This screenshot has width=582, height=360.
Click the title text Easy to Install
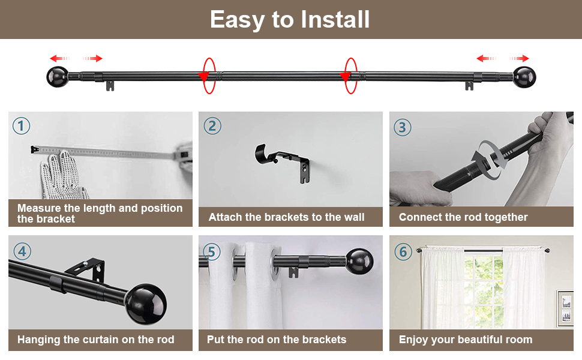pyautogui.click(x=290, y=20)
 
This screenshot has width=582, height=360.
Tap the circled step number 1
pyautogui.click(x=21, y=126)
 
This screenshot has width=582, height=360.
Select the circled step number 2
pyautogui.click(x=212, y=126)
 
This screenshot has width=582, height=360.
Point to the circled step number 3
pyautogui.click(x=403, y=127)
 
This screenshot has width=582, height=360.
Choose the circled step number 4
pyautogui.click(x=22, y=251)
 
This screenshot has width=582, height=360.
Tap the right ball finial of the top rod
pyautogui.click(x=524, y=77)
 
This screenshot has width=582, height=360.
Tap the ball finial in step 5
pyautogui.click(x=359, y=262)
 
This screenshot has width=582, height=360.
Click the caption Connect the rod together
pyautogui.click(x=463, y=217)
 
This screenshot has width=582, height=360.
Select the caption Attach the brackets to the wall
pyautogui.click(x=286, y=217)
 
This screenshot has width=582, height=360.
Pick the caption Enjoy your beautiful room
pyautogui.click(x=465, y=340)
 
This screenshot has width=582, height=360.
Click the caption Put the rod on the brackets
pyautogui.click(x=277, y=340)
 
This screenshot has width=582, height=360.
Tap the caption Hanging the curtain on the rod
pyautogui.click(x=96, y=340)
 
